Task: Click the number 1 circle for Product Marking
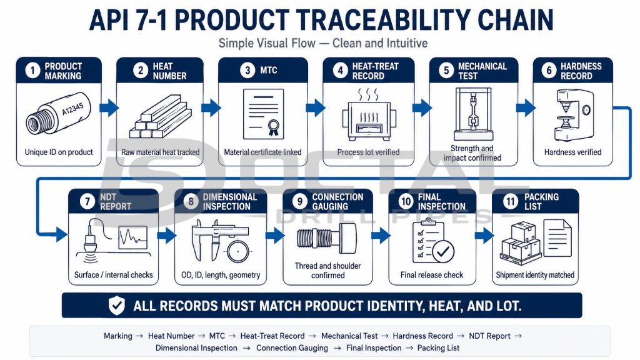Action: pos(32,71)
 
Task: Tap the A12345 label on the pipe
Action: pos(72,109)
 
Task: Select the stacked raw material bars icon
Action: pos(161,117)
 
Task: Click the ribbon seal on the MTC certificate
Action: pos(273,127)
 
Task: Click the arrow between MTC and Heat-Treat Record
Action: pos(316,107)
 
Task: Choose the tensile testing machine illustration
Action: pos(472,114)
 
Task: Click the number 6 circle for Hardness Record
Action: pos(549,71)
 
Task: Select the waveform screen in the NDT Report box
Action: pos(132,237)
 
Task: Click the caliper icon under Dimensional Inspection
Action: pos(219,241)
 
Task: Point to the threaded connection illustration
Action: pos(327,238)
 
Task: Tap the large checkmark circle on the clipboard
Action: pos(442,252)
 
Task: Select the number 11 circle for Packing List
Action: pos(510,201)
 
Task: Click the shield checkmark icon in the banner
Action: pos(117,306)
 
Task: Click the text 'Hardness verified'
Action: pos(572,152)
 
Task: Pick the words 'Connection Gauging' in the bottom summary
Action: pos(292,347)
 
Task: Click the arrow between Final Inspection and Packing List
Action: pos(484,236)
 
